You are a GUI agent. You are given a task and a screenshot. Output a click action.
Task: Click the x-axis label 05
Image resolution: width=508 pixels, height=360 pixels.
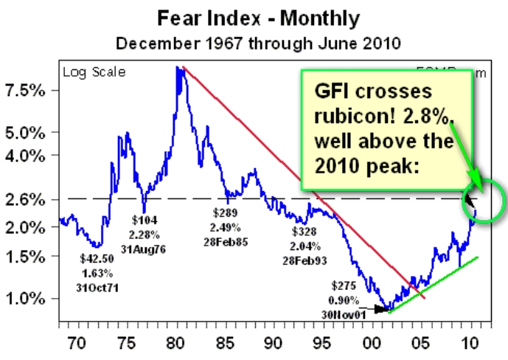pyautogui.click(x=420, y=343)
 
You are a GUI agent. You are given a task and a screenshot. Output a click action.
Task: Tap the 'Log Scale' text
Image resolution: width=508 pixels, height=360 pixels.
pyautogui.click(x=93, y=72)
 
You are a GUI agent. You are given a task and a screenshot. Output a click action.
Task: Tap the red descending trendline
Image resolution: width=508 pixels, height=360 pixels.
pyautogui.click(x=295, y=177)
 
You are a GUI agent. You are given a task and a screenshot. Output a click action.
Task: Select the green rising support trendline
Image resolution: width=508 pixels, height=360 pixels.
pyautogui.click(x=435, y=283)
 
